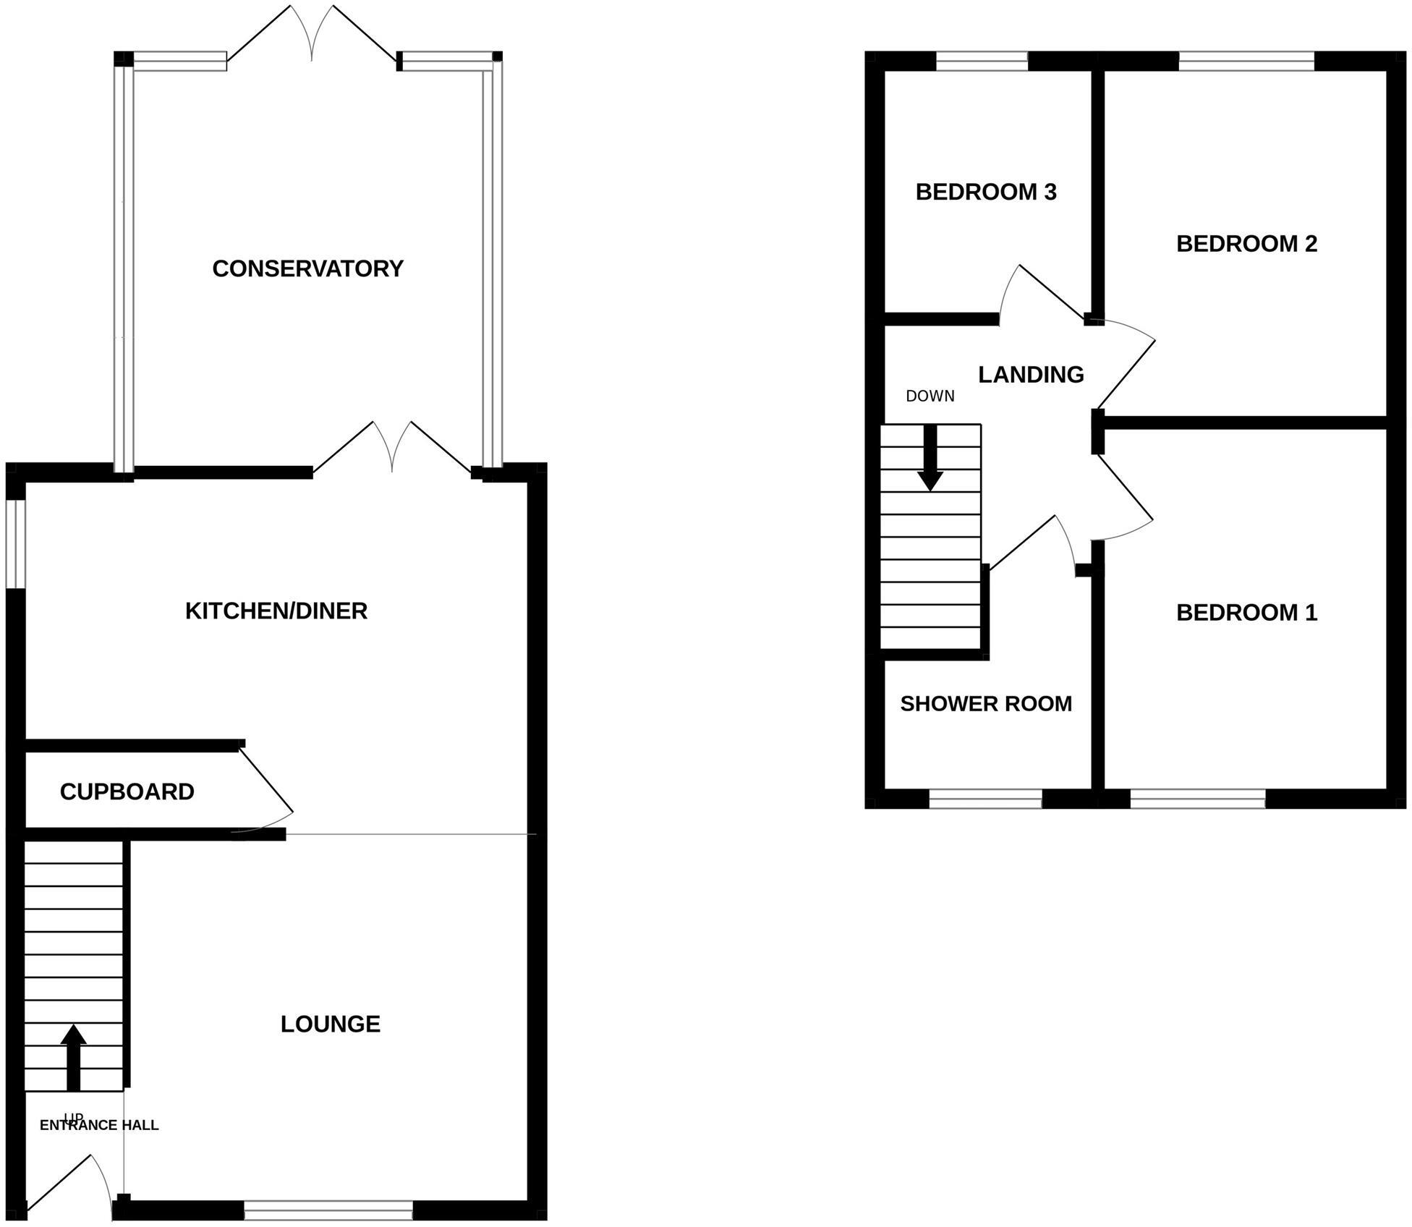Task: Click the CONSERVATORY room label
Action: [x=307, y=268]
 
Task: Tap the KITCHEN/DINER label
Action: [x=276, y=611]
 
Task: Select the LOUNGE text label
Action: [x=330, y=1024]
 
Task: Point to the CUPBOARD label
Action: [x=127, y=791]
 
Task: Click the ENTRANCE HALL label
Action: [x=99, y=1125]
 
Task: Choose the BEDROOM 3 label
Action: [x=986, y=192]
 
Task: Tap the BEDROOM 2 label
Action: [x=1246, y=244]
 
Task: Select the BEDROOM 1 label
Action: [x=1246, y=613]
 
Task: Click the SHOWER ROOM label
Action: [x=986, y=703]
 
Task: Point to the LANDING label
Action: [x=1031, y=374]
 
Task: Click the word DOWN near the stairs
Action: [x=930, y=396]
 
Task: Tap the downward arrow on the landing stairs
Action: [x=930, y=459]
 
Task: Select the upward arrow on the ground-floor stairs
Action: [x=73, y=1056]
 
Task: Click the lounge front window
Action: [x=328, y=1210]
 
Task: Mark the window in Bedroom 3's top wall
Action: [x=982, y=61]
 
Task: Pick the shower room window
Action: [x=985, y=799]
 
